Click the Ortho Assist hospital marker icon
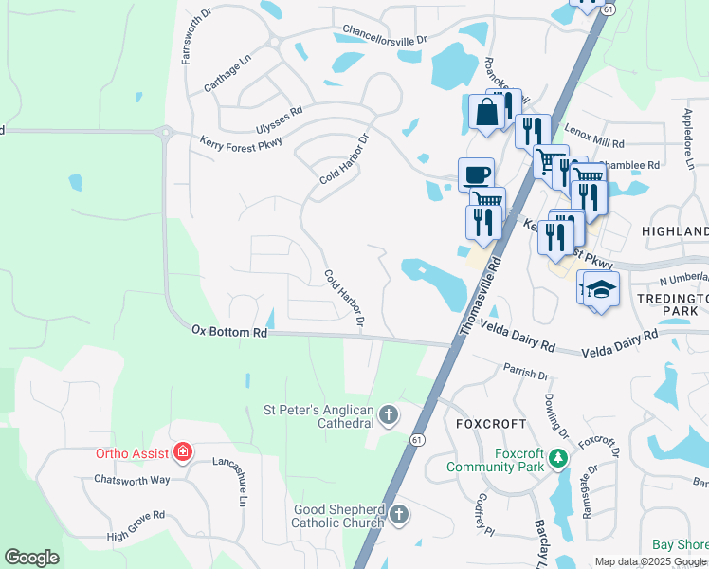[x=184, y=453]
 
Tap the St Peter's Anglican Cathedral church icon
[x=389, y=413]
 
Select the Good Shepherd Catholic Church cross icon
[x=399, y=515]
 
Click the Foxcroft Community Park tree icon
[x=559, y=459]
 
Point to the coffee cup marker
[x=476, y=174]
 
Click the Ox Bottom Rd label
[x=229, y=332]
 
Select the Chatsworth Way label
[x=132, y=480]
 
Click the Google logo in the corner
[x=31, y=558]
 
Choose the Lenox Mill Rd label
[x=594, y=137]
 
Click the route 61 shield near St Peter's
[x=417, y=439]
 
